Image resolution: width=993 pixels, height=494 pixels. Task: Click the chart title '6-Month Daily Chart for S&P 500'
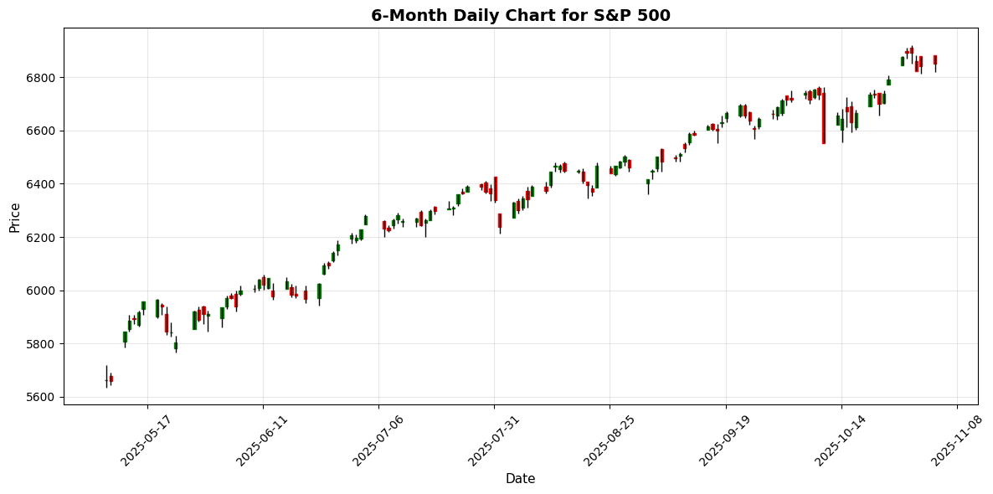521,15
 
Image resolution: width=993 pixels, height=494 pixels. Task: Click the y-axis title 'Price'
14,217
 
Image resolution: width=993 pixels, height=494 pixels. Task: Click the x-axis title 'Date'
521,479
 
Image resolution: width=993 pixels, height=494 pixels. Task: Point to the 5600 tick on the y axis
44,397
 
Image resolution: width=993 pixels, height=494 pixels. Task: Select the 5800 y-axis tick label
44,344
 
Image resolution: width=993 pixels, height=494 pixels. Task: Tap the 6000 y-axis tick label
44,291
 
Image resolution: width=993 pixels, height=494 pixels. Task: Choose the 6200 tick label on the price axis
44,238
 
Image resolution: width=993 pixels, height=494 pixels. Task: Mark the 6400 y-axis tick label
44,184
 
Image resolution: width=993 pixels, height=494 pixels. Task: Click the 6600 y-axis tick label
44,131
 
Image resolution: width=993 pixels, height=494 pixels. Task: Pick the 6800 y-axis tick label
44,78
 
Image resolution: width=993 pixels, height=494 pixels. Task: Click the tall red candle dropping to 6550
823,117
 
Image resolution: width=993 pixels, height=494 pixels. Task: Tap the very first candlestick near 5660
106,380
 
